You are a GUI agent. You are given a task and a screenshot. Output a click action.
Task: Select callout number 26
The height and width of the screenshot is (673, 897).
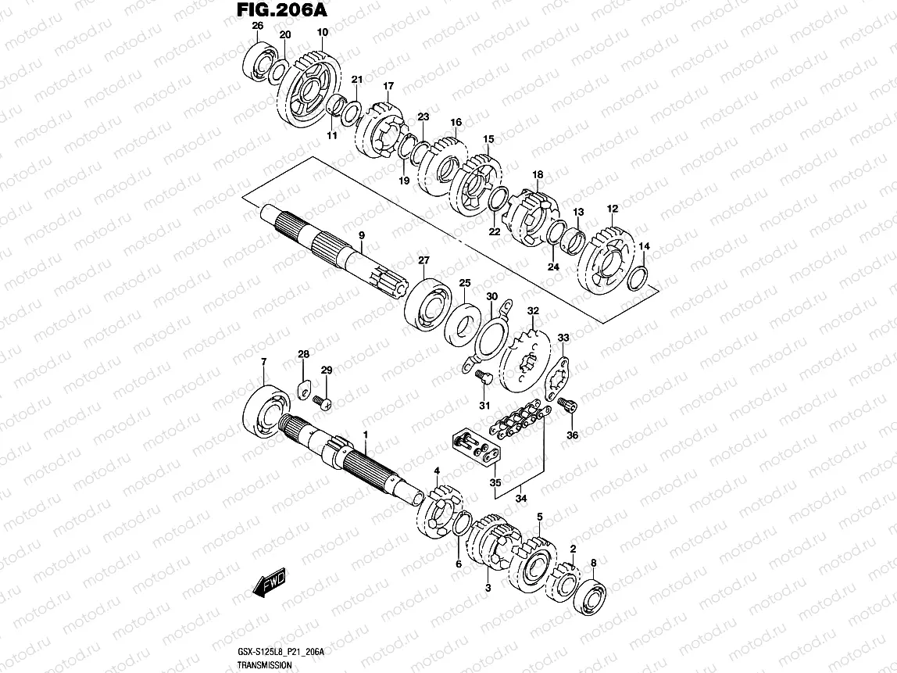click(x=257, y=27)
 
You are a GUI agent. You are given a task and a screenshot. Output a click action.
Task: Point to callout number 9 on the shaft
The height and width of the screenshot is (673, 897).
click(x=362, y=235)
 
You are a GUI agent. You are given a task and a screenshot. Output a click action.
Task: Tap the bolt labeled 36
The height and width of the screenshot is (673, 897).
click(x=568, y=405)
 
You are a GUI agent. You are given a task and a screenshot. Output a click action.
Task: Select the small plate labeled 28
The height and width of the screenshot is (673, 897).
click(x=305, y=388)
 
